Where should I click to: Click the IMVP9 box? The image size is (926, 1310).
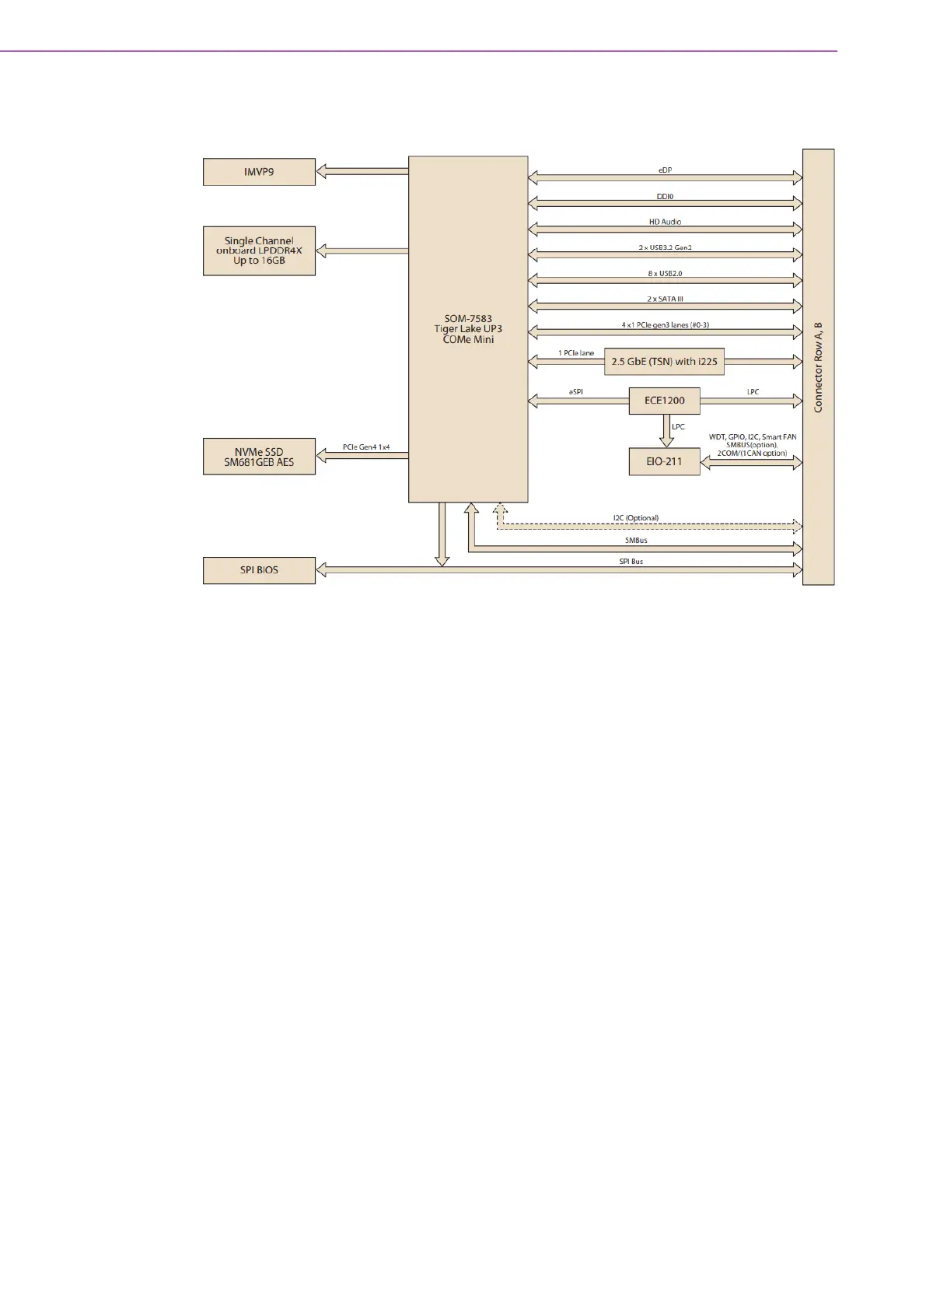tap(259, 172)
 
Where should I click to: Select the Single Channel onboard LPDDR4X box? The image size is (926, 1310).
tap(259, 250)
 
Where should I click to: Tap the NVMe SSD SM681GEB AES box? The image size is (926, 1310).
tap(259, 457)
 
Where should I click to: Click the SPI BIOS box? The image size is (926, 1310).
tap(259, 570)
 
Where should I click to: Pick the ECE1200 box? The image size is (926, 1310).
tap(664, 401)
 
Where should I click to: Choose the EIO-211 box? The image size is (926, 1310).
tap(664, 461)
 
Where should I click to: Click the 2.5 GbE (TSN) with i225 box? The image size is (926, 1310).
tap(664, 362)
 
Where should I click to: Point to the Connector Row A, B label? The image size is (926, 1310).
tap(818, 367)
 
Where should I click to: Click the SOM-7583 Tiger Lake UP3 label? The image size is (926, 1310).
tap(468, 329)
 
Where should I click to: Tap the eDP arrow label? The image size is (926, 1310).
tap(665, 170)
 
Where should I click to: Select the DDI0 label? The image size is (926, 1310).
tap(665, 196)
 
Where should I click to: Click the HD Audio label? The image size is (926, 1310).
tap(665, 222)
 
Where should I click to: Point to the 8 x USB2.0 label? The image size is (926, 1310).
tap(665, 273)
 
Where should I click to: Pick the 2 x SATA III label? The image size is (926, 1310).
tap(665, 299)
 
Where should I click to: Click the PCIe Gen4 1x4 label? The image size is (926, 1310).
tap(366, 447)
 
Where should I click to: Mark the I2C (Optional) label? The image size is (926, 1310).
tap(635, 518)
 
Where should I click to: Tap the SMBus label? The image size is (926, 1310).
tap(635, 540)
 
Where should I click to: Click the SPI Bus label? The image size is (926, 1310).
tap(631, 561)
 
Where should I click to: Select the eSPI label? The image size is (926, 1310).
tap(575, 392)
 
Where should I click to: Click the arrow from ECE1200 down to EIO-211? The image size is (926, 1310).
tap(666, 431)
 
